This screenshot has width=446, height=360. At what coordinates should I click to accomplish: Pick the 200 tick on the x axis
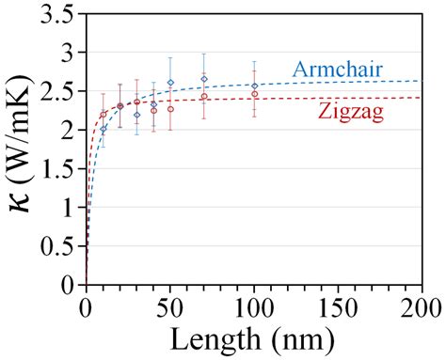tap(421, 306)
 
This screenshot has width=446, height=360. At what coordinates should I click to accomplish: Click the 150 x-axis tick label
tap(337, 306)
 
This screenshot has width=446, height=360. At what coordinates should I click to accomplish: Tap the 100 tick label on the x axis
tap(254, 306)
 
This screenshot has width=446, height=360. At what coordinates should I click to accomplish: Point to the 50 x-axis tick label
tap(170, 306)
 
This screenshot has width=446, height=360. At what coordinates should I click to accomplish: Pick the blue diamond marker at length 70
tap(204, 79)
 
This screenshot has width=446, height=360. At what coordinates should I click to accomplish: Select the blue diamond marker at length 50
tap(170, 83)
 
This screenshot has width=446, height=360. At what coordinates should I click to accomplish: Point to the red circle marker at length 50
tap(170, 109)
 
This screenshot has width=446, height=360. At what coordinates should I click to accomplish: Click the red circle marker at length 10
tap(104, 115)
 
